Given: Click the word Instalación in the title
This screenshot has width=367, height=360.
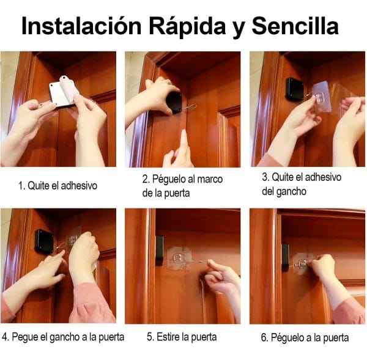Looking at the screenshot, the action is point(81,26).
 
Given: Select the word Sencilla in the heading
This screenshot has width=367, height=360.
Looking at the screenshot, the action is point(295,26).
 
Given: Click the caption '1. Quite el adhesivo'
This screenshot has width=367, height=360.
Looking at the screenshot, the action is point(57,186).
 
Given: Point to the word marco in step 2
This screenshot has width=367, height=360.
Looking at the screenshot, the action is point(210,180).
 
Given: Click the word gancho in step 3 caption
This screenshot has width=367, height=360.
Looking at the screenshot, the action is point(291,192).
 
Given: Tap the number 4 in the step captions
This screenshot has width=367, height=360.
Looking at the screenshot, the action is point(5,337).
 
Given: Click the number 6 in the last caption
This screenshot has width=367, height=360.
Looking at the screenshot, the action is point(264,337).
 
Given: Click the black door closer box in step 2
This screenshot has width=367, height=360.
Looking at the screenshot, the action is point(175,103).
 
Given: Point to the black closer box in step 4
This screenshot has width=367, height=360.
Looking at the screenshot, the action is point(44,241).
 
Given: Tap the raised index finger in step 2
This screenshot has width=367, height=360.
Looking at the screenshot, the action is point(183,142).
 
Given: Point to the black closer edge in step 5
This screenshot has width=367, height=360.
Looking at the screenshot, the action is point(160,251).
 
